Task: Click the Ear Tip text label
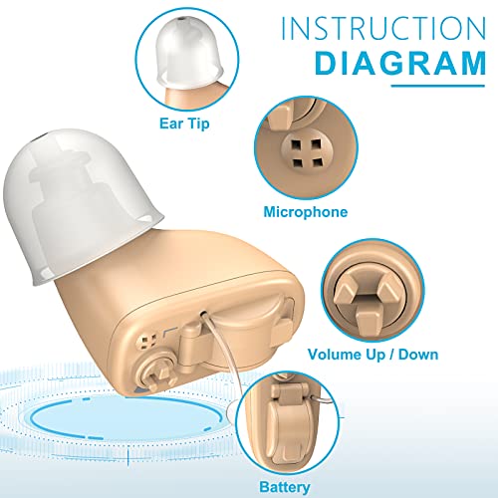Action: [x=186, y=124]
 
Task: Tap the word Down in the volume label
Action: [x=417, y=354]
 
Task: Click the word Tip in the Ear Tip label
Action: [x=202, y=124]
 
